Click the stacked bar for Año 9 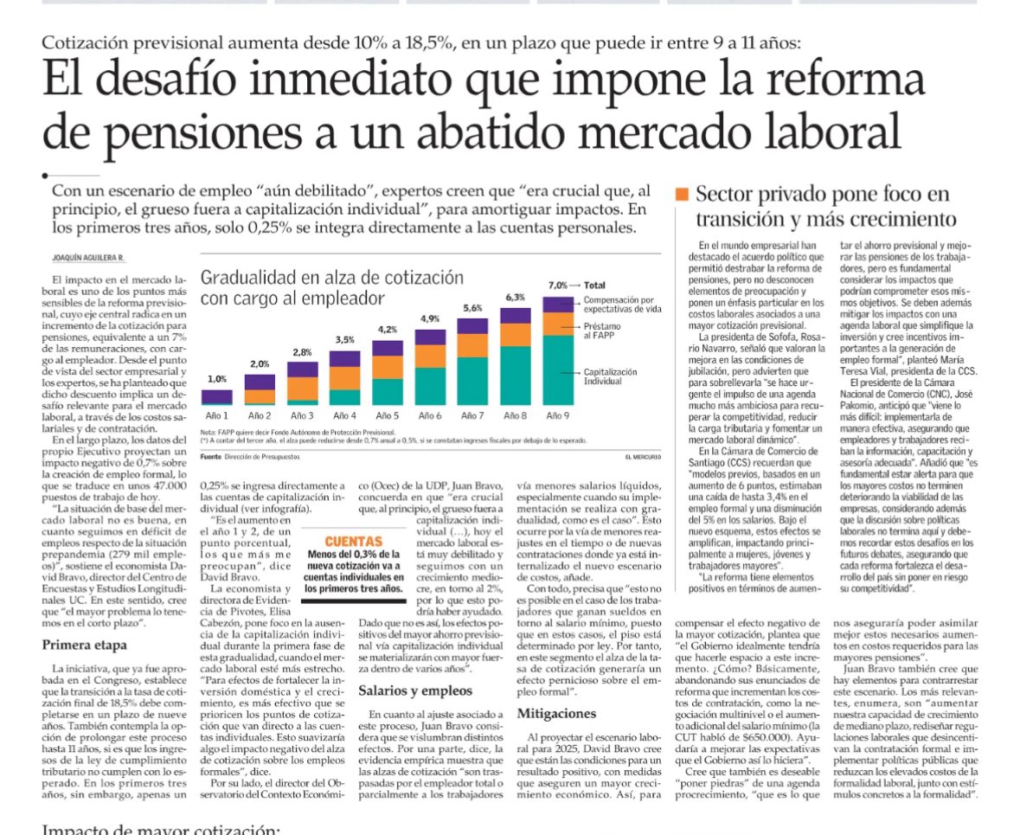pos(558,350)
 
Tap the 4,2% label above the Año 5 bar pos(387,329)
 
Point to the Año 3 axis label pos(301,415)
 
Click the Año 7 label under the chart pos(472,415)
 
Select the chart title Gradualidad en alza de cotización pos(331,278)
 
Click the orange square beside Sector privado pos(682,194)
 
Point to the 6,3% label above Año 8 pos(515,297)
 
